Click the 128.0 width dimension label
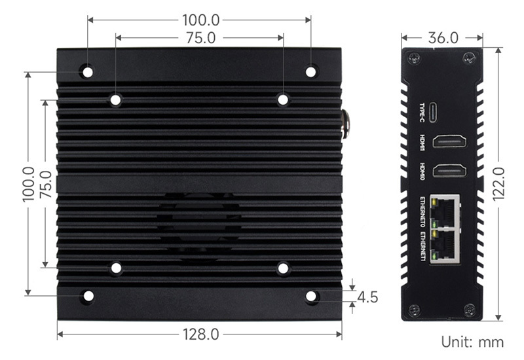(x=200, y=334)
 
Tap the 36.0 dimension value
(x=443, y=38)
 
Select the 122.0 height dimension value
(x=498, y=184)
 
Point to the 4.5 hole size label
(x=367, y=297)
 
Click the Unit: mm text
(x=472, y=342)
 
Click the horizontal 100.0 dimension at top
(x=200, y=20)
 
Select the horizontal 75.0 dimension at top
(x=201, y=38)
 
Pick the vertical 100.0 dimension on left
(x=29, y=184)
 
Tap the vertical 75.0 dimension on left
(x=46, y=185)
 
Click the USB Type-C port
(x=434, y=112)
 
